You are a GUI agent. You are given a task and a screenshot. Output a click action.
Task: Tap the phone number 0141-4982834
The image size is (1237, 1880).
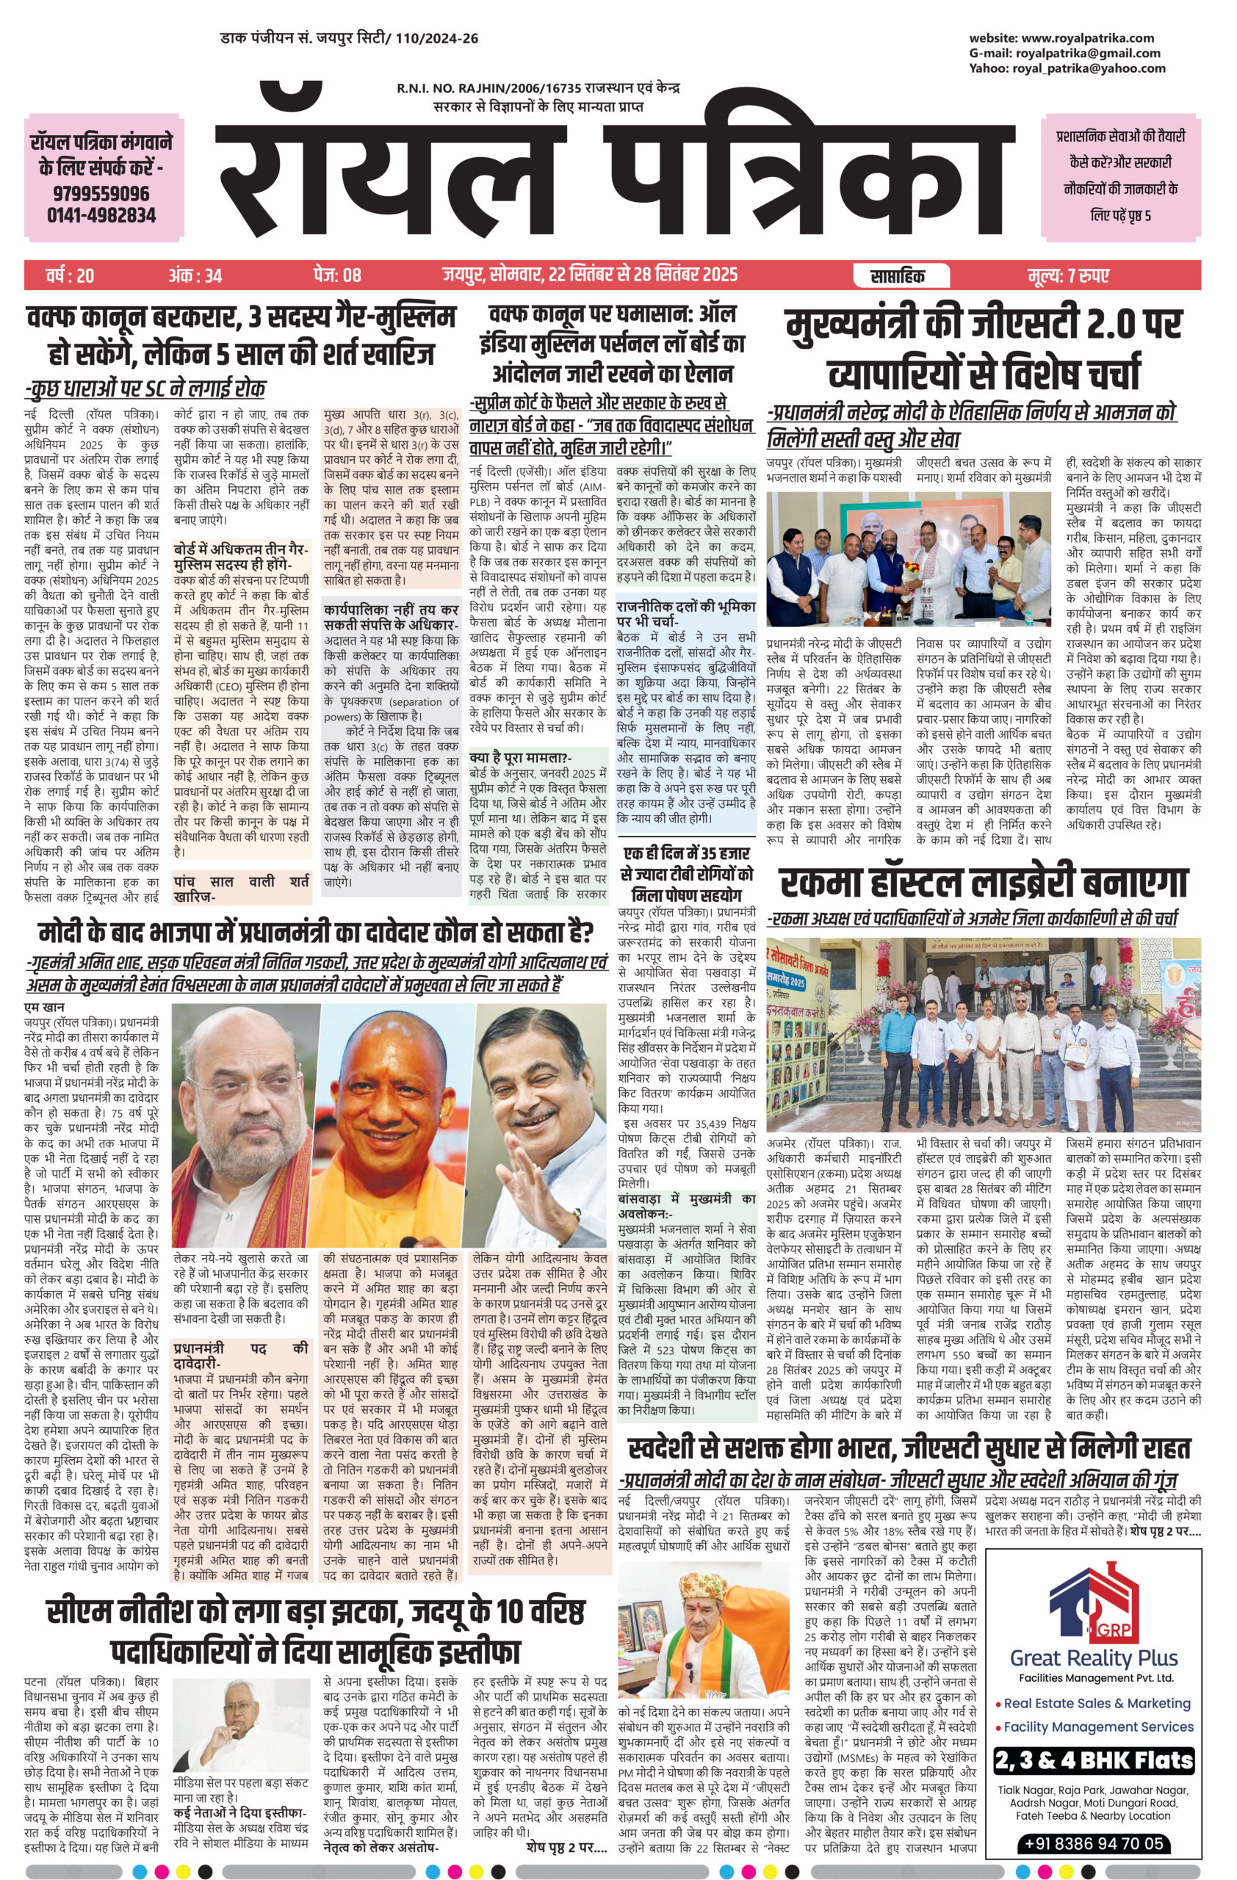101,215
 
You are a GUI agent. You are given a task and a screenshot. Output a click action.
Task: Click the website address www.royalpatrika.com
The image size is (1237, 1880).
1087,38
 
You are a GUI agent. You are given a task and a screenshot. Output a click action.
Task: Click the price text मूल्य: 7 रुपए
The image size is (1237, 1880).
1068,275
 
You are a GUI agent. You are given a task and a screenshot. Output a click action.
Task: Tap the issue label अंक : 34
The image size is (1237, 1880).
195,275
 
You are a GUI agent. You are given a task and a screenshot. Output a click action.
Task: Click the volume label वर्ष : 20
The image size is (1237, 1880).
70,275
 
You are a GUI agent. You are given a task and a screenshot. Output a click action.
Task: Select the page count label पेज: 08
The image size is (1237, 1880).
336,275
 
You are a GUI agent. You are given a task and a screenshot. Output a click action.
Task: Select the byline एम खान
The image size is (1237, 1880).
43,1009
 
